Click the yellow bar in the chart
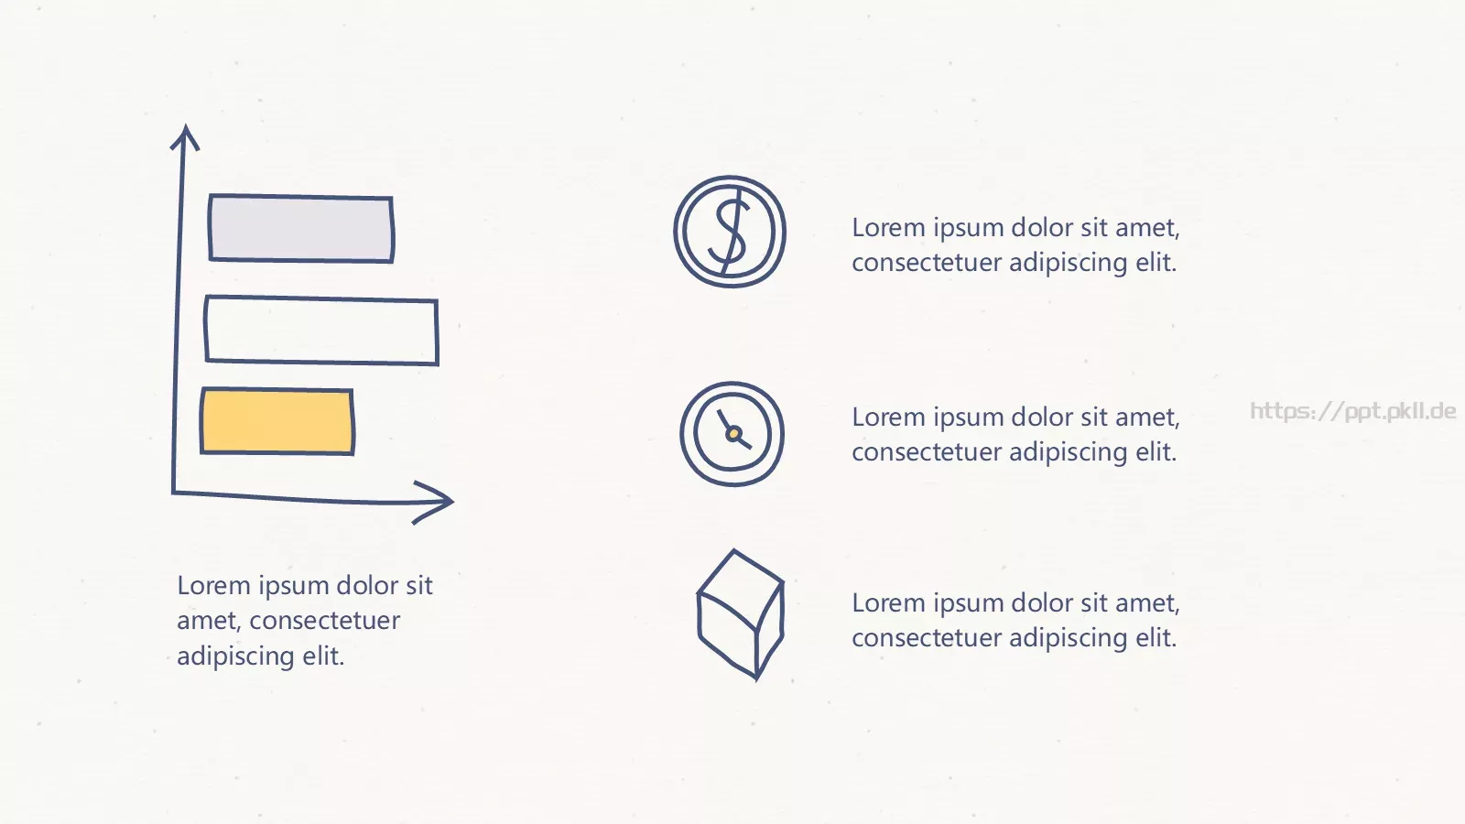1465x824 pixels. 277,421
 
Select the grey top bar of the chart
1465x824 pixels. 301,228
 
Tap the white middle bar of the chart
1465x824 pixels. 321,331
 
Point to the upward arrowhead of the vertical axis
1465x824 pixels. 185,136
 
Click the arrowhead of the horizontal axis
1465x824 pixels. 433,503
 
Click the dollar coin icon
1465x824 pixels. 730,232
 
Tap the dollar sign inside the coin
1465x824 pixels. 731,231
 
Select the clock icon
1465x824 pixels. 732,434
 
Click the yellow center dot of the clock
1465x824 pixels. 733,433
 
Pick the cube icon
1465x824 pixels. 741,614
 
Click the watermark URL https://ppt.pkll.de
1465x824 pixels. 1352,411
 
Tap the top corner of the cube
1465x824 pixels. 733,550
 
